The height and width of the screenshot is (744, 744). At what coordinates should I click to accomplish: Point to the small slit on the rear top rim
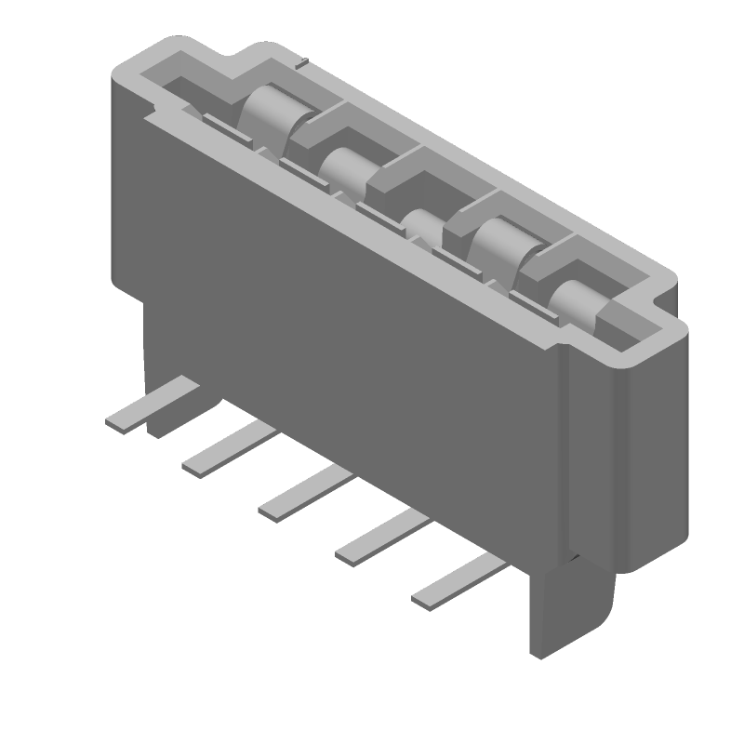coord(303,65)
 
